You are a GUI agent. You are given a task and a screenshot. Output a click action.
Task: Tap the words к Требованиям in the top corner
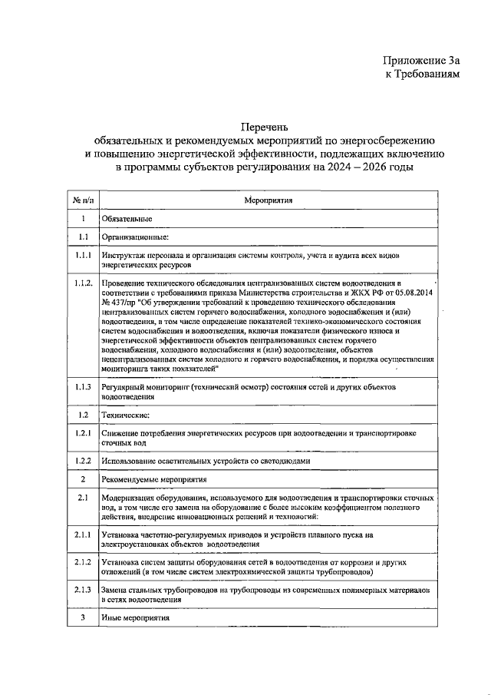(423, 74)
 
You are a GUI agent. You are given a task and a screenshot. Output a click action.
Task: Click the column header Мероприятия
(265, 200)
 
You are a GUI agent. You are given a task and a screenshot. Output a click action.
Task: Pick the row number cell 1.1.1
(83, 253)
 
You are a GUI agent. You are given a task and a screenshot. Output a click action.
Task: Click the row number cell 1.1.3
(83, 388)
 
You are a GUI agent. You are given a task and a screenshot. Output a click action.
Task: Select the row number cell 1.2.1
(83, 434)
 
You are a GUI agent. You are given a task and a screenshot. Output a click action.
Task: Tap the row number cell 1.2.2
(83, 460)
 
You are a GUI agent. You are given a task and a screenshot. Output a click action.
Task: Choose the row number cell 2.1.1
(83, 534)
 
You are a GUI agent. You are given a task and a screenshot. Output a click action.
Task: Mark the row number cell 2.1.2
(83, 562)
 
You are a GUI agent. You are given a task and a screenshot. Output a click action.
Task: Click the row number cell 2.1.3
(83, 589)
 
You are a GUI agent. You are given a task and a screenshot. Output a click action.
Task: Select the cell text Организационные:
(135, 237)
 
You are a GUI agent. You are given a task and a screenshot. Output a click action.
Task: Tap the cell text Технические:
(126, 415)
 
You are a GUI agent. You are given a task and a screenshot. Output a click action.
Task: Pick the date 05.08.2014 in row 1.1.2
(412, 293)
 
